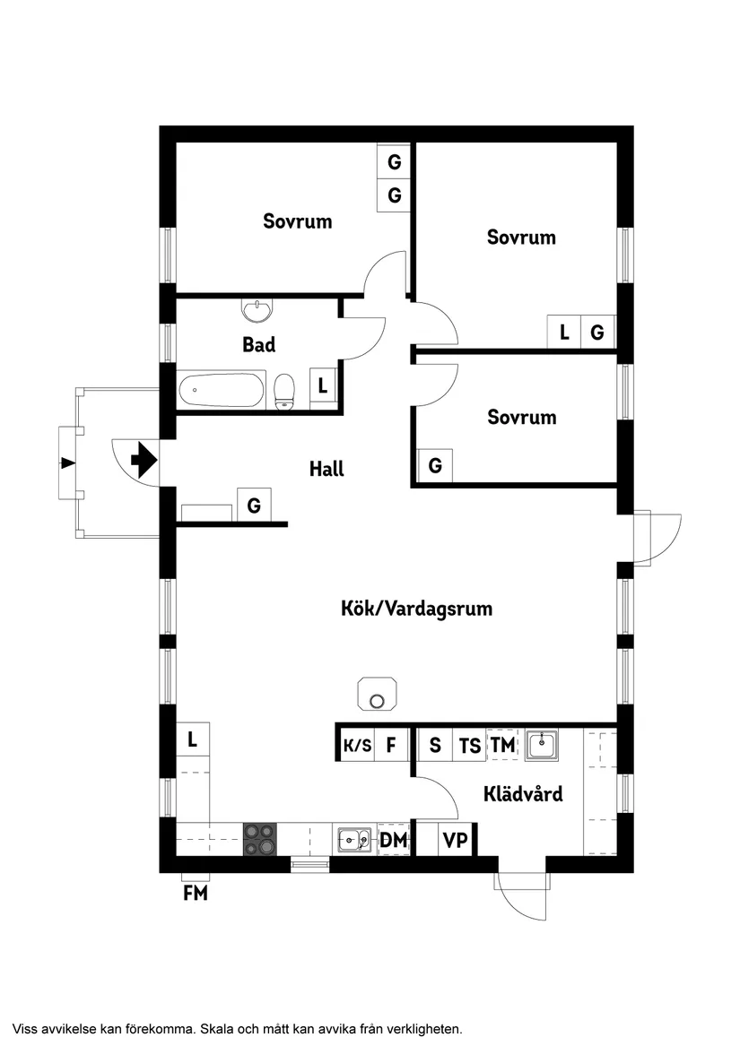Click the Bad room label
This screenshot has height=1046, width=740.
pyautogui.click(x=259, y=344)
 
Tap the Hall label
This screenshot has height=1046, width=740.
pyautogui.click(x=326, y=468)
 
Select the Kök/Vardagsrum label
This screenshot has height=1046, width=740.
pyautogui.click(x=416, y=609)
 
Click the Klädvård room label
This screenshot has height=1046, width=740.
pyautogui.click(x=523, y=793)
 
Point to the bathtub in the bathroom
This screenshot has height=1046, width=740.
pyautogui.click(x=222, y=391)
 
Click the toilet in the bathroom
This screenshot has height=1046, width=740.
pyautogui.click(x=284, y=390)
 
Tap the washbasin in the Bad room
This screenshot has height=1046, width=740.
pyautogui.click(x=257, y=310)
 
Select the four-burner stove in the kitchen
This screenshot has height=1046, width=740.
pyautogui.click(x=260, y=840)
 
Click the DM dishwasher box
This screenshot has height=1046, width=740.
pyautogui.click(x=394, y=840)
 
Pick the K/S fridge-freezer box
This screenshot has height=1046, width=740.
pyautogui.click(x=356, y=745)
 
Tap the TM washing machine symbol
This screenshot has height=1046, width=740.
pyautogui.click(x=502, y=745)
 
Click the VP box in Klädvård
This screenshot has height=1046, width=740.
pyautogui.click(x=456, y=841)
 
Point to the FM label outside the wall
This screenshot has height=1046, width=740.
pyautogui.click(x=195, y=893)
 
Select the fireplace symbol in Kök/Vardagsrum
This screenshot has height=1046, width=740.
pyautogui.click(x=379, y=695)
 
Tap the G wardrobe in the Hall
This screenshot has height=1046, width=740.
pyautogui.click(x=254, y=506)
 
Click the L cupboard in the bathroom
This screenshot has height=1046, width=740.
pyautogui.click(x=322, y=386)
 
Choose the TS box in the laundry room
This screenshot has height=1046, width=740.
pyautogui.click(x=469, y=745)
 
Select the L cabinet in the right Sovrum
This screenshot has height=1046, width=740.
pyautogui.click(x=564, y=333)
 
